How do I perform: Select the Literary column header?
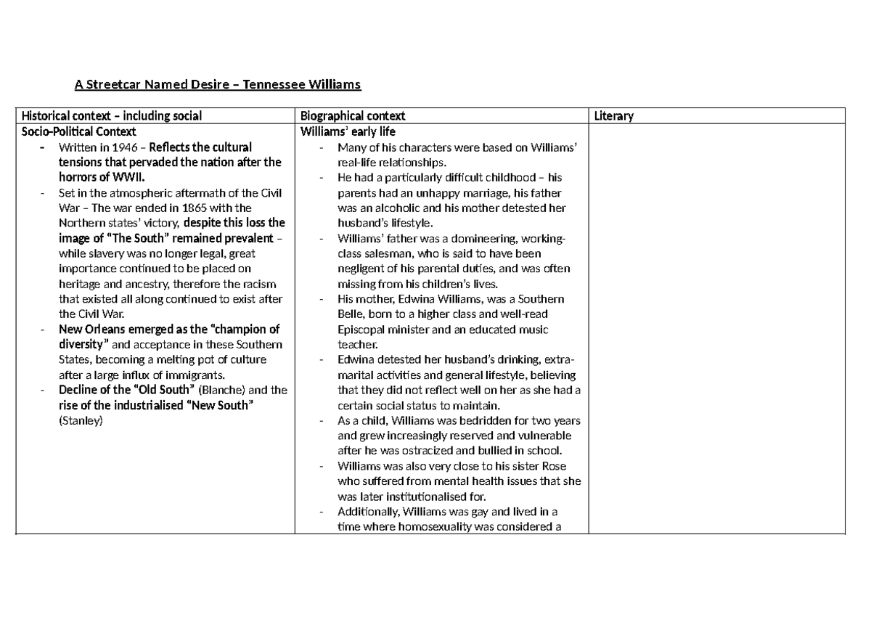(x=613, y=116)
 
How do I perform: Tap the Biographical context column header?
(x=353, y=116)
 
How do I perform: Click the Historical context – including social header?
(x=112, y=116)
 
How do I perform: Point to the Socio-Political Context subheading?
(x=78, y=131)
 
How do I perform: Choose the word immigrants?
(x=196, y=375)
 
